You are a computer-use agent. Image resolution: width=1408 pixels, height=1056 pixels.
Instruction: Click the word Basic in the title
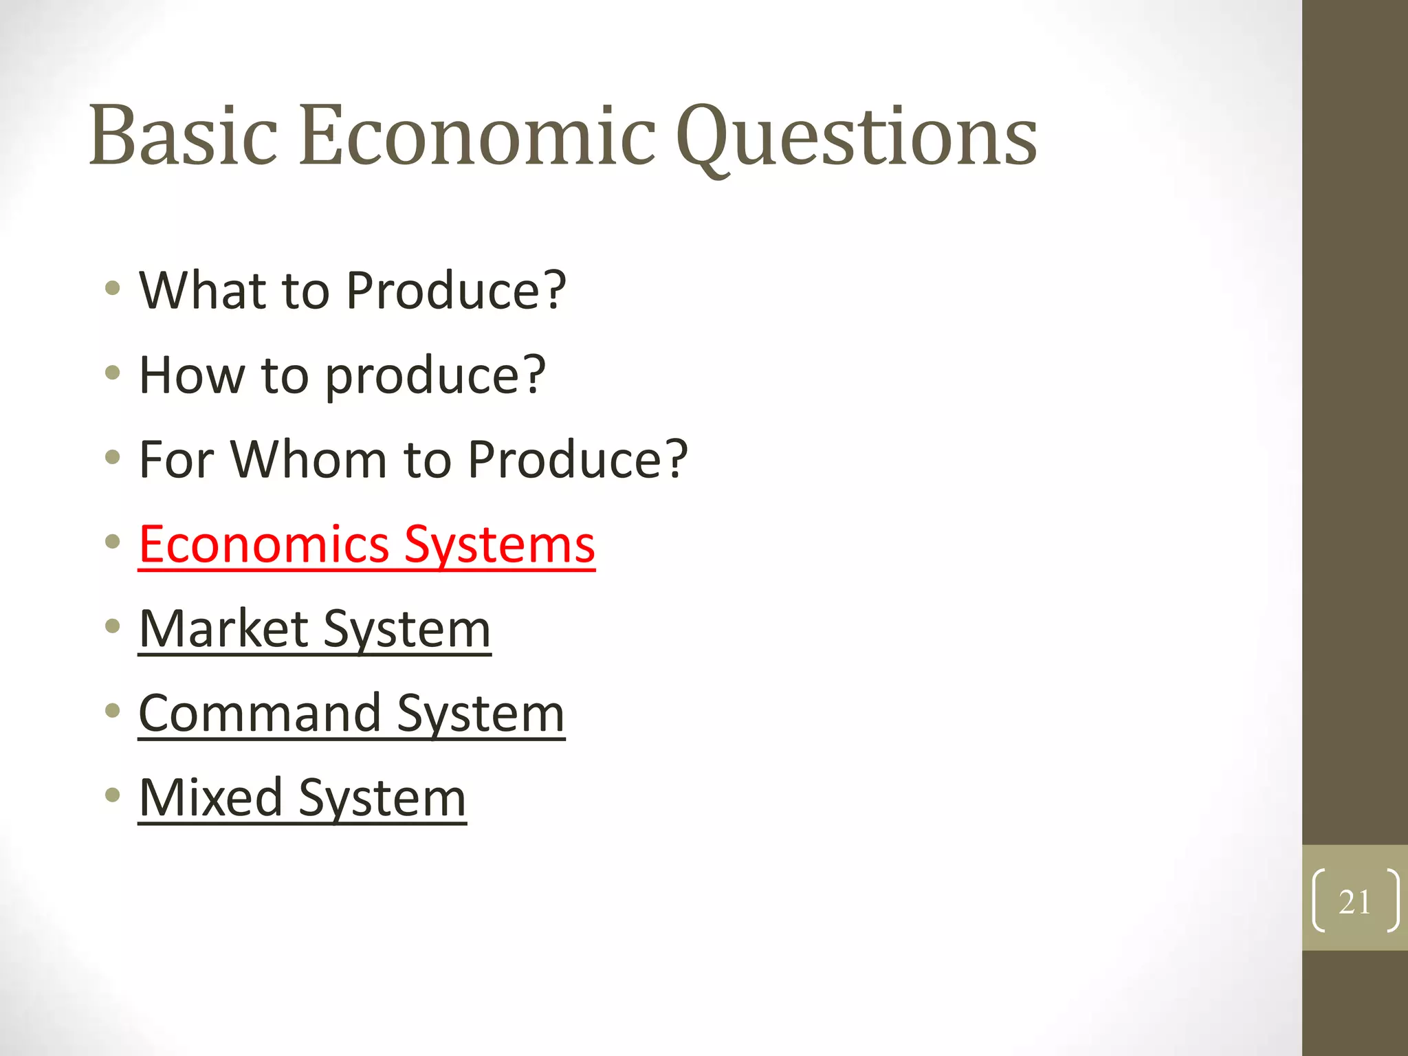183,135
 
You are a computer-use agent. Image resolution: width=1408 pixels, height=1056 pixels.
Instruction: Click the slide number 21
1354,901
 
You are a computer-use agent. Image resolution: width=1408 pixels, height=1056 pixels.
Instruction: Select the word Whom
309,459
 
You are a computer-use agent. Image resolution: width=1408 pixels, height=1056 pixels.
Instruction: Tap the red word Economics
264,544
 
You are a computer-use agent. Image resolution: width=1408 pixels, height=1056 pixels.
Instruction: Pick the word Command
260,713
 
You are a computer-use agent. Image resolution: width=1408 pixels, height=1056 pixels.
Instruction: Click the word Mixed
210,797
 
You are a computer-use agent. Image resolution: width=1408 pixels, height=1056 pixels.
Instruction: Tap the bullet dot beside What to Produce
113,287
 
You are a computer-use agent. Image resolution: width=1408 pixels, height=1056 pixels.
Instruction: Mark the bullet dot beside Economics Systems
113,542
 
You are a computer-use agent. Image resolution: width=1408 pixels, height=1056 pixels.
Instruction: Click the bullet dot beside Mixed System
113,795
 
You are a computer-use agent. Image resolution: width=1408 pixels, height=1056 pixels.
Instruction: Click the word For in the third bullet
177,459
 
